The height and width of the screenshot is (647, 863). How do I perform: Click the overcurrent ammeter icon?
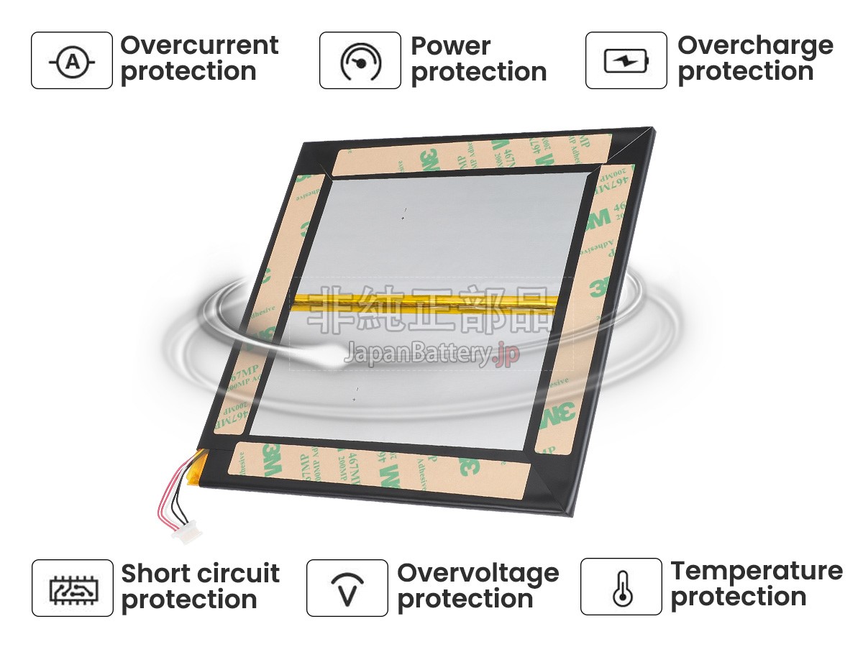[x=71, y=61]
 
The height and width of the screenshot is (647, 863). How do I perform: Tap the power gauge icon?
[x=360, y=61]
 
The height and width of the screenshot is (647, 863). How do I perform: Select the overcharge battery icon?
[x=626, y=61]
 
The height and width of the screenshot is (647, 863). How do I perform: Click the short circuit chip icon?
[x=72, y=588]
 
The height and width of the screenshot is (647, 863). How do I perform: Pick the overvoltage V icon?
[x=347, y=588]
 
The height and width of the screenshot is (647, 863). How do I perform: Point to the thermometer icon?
[x=621, y=587]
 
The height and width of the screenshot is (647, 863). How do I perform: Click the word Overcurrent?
[x=199, y=45]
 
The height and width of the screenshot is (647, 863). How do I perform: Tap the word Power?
[x=450, y=46]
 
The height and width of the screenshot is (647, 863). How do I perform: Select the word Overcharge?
[x=755, y=45]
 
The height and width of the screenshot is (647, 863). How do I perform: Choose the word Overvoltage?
[x=478, y=574]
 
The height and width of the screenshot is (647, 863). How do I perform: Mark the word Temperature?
[x=757, y=571]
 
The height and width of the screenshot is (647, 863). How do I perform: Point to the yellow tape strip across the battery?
[x=424, y=302]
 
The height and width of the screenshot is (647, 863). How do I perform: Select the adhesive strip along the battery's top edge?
[x=471, y=155]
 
